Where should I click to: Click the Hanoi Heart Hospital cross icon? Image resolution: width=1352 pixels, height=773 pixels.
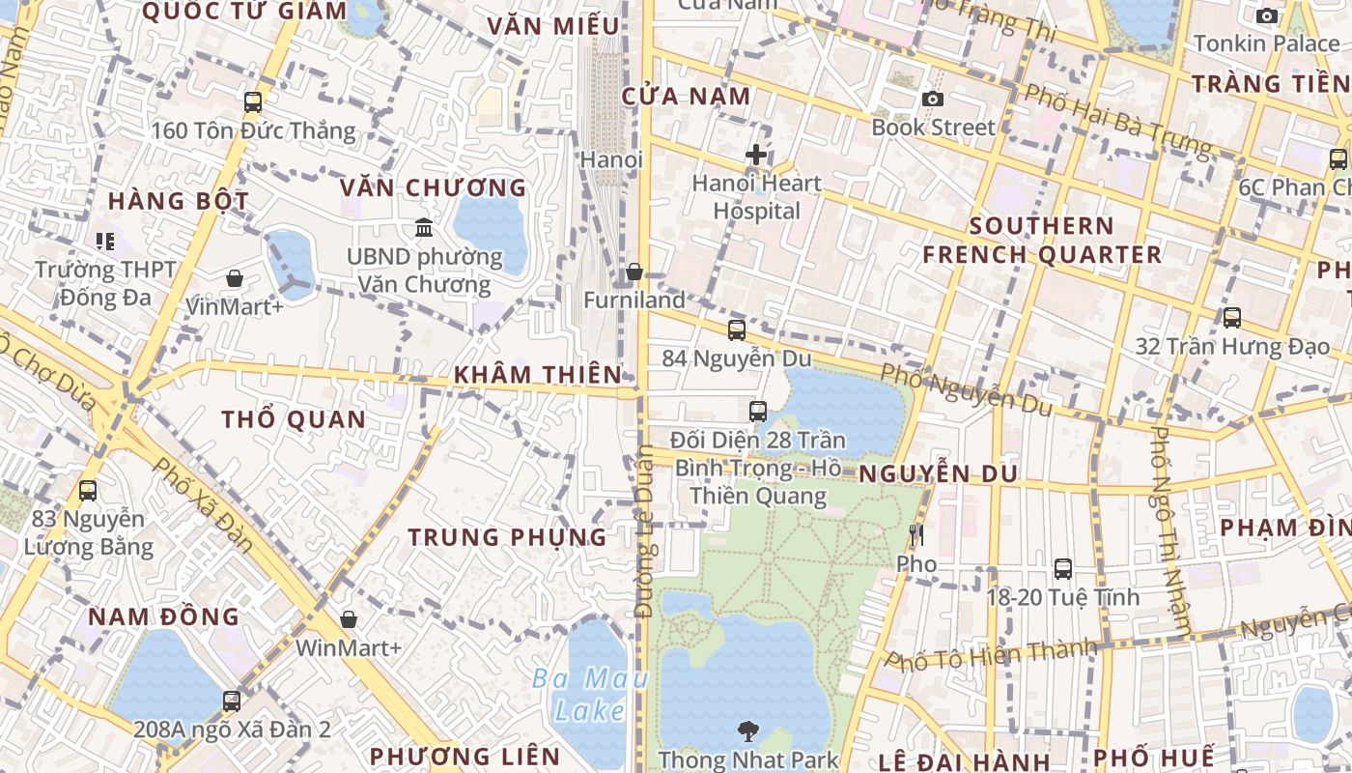pos(756,154)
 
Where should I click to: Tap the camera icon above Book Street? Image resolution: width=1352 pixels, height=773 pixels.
pos(932,99)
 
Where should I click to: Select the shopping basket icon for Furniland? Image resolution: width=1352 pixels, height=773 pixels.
pos(634,272)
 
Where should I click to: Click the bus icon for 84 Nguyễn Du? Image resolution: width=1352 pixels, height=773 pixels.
pos(737,330)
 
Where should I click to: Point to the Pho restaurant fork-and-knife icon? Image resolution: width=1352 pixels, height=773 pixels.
pos(916,534)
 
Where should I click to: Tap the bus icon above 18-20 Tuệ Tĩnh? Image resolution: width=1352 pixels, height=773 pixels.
pos(1063,569)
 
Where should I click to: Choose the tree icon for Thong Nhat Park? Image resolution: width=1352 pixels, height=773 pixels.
pos(747,731)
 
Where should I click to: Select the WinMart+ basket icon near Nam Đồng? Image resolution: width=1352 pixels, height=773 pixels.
pos(349,619)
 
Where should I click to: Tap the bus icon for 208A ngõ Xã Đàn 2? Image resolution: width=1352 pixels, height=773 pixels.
pos(232,701)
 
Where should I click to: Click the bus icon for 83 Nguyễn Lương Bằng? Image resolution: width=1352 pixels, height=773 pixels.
pos(88,491)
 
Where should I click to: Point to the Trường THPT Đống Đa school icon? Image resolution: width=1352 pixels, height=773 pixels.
pos(104,241)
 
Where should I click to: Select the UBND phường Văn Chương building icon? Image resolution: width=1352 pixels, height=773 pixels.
pos(424,228)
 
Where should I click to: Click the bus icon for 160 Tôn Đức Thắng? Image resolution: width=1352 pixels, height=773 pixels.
pos(253,101)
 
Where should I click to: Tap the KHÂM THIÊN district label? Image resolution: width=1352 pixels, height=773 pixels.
pos(538,374)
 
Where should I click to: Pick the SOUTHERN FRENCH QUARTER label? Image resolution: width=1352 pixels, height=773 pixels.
pos(1042,241)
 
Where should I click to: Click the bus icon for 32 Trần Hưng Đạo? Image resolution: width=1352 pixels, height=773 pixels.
pos(1232,318)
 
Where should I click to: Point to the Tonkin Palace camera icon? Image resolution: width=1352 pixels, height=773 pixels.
pos(1267,15)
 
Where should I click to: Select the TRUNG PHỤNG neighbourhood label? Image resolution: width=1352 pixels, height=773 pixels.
pos(507,537)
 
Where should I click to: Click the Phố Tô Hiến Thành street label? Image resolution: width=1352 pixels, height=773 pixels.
pos(992,656)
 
